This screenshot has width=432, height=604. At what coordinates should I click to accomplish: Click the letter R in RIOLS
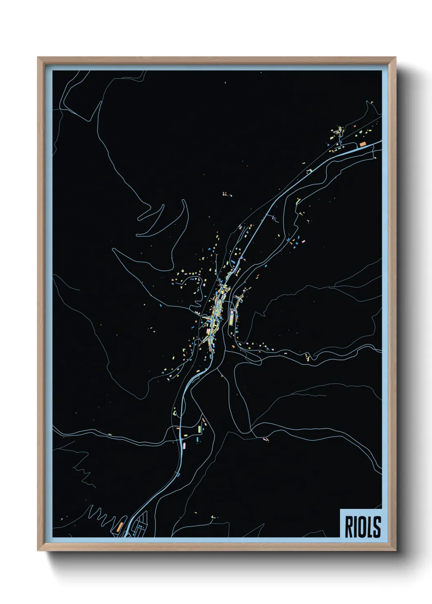(350, 527)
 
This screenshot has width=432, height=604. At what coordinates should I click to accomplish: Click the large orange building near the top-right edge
(362, 144)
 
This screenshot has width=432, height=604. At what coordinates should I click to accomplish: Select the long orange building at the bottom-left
(120, 526)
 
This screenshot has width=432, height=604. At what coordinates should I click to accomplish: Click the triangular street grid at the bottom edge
(139, 528)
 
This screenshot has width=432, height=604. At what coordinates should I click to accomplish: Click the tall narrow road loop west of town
(182, 229)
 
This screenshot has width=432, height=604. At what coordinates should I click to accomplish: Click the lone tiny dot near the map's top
(225, 83)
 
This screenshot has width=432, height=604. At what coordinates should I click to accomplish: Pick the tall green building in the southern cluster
(200, 429)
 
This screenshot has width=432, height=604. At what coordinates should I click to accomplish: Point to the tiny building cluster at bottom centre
(213, 517)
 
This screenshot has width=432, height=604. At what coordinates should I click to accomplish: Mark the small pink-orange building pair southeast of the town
(266, 439)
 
